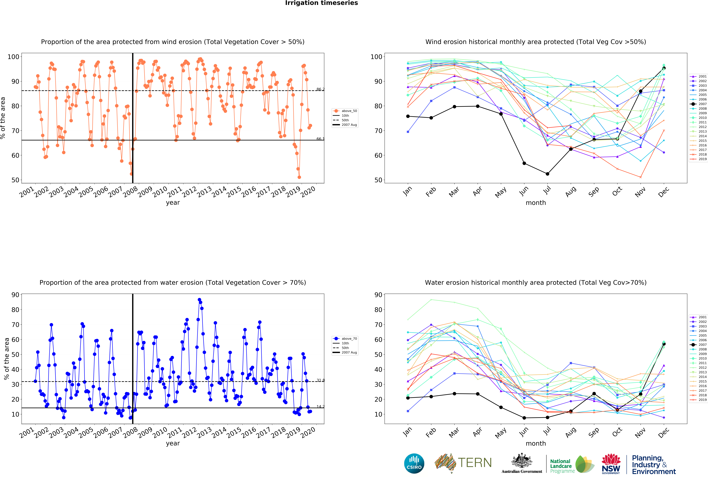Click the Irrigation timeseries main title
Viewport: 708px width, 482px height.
click(x=321, y=3)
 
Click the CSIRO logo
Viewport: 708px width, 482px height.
click(x=414, y=463)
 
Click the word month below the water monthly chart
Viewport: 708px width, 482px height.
click(x=536, y=443)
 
